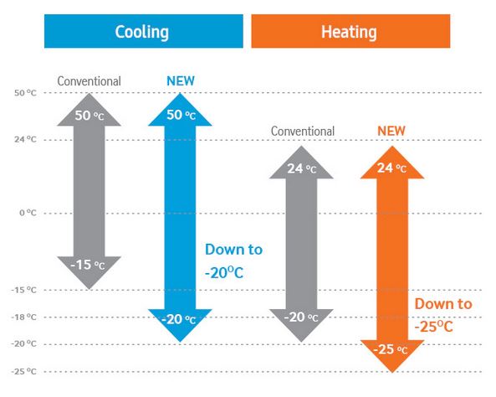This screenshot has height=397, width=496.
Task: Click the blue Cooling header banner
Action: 144,31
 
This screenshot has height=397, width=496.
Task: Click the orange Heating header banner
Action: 350,31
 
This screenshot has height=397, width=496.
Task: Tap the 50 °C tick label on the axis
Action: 25,93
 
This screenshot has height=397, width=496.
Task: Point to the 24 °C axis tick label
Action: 25,139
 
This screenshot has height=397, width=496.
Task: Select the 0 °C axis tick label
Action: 28,213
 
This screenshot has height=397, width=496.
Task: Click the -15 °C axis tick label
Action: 24,290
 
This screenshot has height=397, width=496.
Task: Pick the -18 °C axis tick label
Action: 24,317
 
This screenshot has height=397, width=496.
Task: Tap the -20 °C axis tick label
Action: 24,343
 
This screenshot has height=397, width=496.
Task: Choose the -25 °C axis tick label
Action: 24,371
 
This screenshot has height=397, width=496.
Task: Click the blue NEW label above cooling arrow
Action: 181,81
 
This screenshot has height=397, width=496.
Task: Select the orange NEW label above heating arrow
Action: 391,131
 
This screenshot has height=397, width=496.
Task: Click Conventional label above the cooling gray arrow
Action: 89,81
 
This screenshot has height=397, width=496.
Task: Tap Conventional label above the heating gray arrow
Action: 303,131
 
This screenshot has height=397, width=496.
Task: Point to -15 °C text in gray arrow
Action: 88,265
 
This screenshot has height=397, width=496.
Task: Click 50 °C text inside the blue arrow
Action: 181,115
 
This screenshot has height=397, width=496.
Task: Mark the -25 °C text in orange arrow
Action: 391,350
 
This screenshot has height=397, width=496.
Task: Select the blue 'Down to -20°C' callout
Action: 233,260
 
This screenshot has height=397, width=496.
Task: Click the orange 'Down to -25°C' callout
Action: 443,315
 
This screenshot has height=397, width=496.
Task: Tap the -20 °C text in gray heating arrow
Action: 301,317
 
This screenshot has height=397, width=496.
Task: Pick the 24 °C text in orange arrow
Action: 391,168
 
